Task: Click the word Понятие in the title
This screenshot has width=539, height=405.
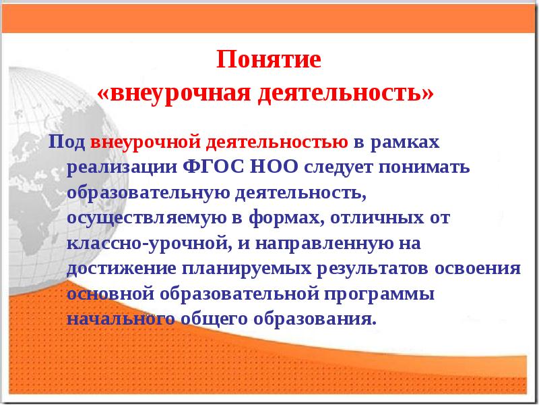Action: click(269, 60)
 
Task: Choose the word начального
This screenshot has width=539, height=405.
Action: click(117, 318)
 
